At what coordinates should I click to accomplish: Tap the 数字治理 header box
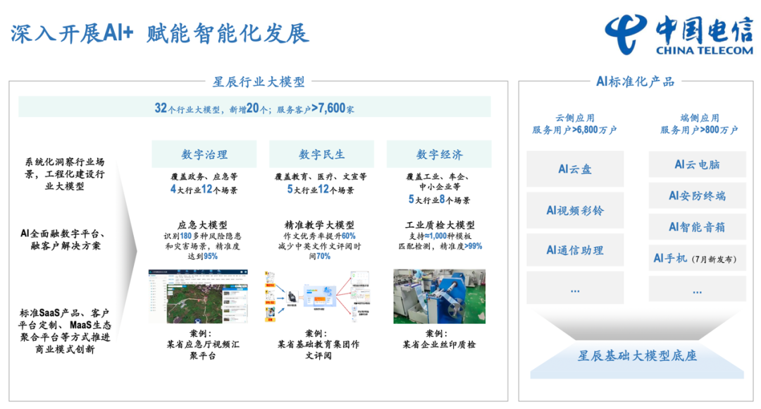click(x=204, y=154)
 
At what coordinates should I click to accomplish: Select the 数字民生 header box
click(x=322, y=154)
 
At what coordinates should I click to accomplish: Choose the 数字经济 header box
click(x=440, y=154)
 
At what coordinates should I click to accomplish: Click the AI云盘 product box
click(x=575, y=169)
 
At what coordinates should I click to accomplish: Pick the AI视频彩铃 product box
click(x=575, y=210)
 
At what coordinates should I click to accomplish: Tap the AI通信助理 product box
click(x=575, y=250)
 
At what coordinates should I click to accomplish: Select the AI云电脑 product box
click(x=697, y=164)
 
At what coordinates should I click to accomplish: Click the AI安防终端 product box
click(x=697, y=195)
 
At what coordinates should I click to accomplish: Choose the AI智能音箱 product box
click(x=697, y=227)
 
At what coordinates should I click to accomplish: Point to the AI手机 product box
click(x=697, y=259)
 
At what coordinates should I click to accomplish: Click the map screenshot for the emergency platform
click(x=204, y=296)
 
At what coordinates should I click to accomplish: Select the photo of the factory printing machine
click(x=439, y=296)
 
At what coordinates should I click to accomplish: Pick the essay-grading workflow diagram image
click(x=322, y=296)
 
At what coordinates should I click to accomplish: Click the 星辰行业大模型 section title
click(x=259, y=82)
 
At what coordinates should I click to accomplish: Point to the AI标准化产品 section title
click(x=635, y=82)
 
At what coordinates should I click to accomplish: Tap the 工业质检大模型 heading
click(x=440, y=225)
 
